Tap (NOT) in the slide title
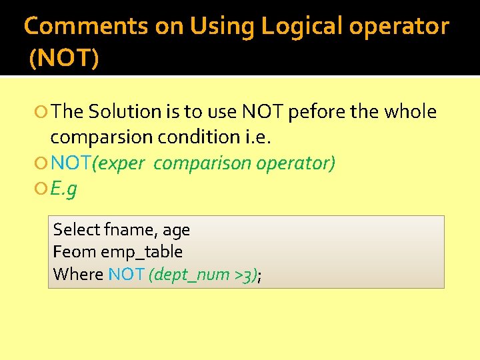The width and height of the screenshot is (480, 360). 64,58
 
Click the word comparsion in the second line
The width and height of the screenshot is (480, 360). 101,137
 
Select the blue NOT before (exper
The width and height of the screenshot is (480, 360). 71,163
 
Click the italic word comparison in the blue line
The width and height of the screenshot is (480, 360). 195,163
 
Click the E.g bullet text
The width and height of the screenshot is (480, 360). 63,189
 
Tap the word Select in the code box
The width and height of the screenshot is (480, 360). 76,230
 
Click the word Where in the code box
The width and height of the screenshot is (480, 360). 78,274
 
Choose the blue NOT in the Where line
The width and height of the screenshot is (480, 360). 126,274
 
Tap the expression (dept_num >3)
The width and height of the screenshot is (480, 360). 203,275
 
